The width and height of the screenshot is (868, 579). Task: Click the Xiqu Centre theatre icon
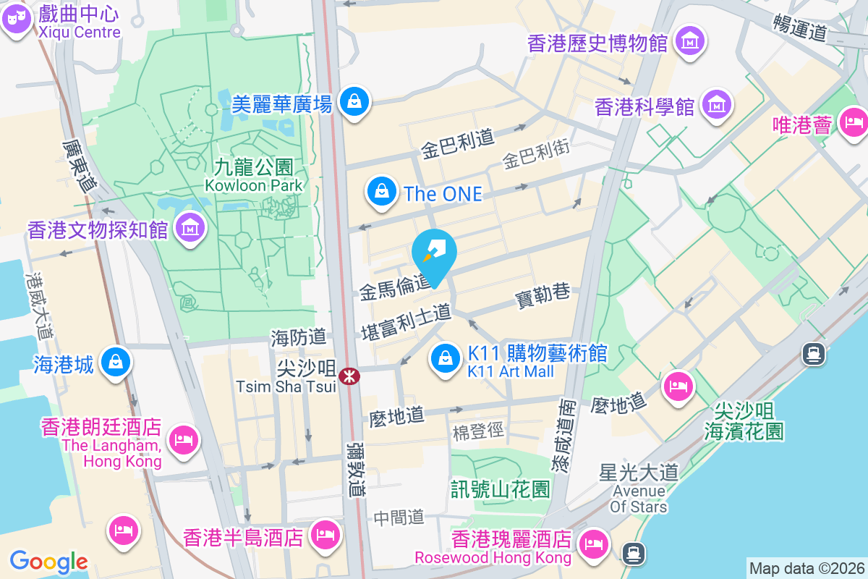[x=17, y=20]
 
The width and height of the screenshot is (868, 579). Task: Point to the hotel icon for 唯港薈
[x=855, y=121]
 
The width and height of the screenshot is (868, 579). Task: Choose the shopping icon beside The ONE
[x=380, y=192]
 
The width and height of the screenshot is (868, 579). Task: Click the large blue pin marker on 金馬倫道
[x=434, y=255]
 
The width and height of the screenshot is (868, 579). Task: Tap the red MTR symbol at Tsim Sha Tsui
[x=349, y=376]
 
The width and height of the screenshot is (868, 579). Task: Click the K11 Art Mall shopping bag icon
[x=446, y=358]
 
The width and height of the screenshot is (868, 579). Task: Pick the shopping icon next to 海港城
[x=115, y=362]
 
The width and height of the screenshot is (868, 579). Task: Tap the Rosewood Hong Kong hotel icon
[x=595, y=543]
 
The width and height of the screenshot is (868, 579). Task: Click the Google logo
[x=48, y=562]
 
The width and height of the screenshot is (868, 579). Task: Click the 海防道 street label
[x=299, y=337]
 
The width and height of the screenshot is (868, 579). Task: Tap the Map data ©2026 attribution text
[x=807, y=568]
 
